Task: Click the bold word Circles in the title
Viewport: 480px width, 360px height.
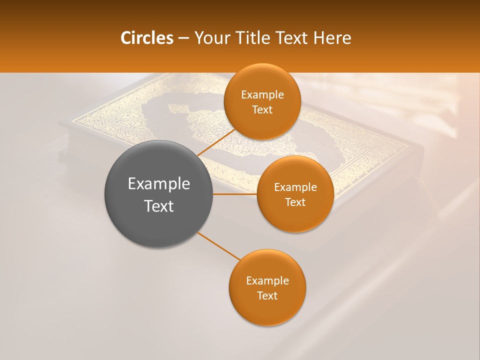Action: pos(146,38)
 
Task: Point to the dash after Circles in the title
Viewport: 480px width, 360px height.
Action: pos(183,38)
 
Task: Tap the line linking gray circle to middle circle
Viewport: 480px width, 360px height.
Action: pos(235,194)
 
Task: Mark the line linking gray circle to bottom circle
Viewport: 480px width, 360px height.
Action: pos(219,246)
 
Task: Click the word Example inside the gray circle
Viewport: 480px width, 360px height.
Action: pos(159,184)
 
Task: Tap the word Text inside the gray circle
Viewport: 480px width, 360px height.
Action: pos(159,206)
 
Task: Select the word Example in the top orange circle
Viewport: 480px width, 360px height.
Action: pos(262,95)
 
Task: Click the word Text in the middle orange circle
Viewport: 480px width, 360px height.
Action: pos(295,202)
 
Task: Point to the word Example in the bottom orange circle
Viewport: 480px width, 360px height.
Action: pos(267,281)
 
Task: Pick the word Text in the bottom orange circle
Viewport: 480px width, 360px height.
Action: pos(267,296)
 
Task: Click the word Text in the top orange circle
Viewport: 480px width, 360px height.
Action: pos(262,110)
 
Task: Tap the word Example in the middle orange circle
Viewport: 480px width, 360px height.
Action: pos(295,187)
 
